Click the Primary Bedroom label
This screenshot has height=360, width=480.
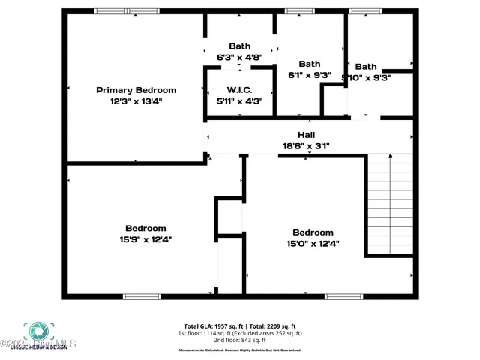136,90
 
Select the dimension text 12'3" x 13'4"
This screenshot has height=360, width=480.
136,100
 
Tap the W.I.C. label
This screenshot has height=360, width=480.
239,90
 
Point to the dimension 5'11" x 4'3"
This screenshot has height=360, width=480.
239,100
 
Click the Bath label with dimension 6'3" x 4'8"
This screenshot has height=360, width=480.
239,46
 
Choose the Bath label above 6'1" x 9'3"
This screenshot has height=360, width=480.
309,64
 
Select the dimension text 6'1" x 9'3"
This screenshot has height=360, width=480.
309,74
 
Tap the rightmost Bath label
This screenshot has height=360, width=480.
366,66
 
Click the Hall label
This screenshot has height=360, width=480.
306,135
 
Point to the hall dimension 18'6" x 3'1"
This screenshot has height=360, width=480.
306,146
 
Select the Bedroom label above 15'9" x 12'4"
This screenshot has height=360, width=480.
145,228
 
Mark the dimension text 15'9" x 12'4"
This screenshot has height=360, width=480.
145,239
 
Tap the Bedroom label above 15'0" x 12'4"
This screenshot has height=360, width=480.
313,232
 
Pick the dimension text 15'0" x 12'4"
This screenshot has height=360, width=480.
313,243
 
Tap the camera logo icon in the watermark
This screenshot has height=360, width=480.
37,331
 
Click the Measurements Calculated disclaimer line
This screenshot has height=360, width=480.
240,350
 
